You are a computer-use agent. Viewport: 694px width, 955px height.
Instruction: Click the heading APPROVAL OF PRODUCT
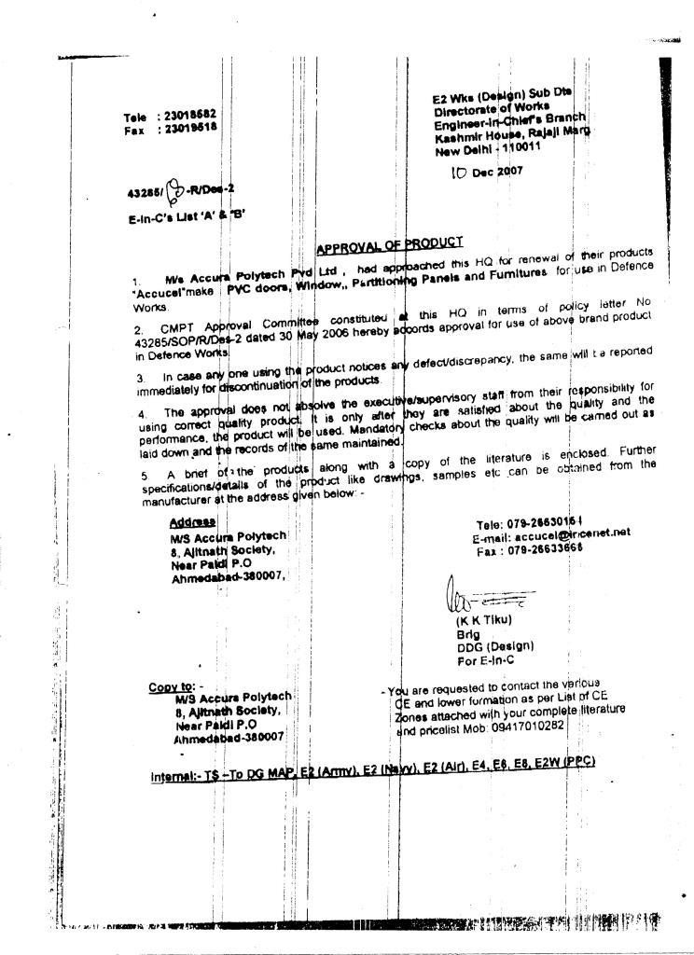(390, 245)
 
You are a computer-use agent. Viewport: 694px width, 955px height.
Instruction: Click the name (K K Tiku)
(483, 619)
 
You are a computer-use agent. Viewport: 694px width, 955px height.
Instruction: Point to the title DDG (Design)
(494, 645)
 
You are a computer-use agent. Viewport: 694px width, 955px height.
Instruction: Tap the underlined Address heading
(193, 522)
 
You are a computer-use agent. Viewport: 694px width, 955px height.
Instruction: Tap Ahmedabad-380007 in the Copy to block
(229, 737)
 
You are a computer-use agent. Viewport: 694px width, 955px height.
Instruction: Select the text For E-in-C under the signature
(484, 659)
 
